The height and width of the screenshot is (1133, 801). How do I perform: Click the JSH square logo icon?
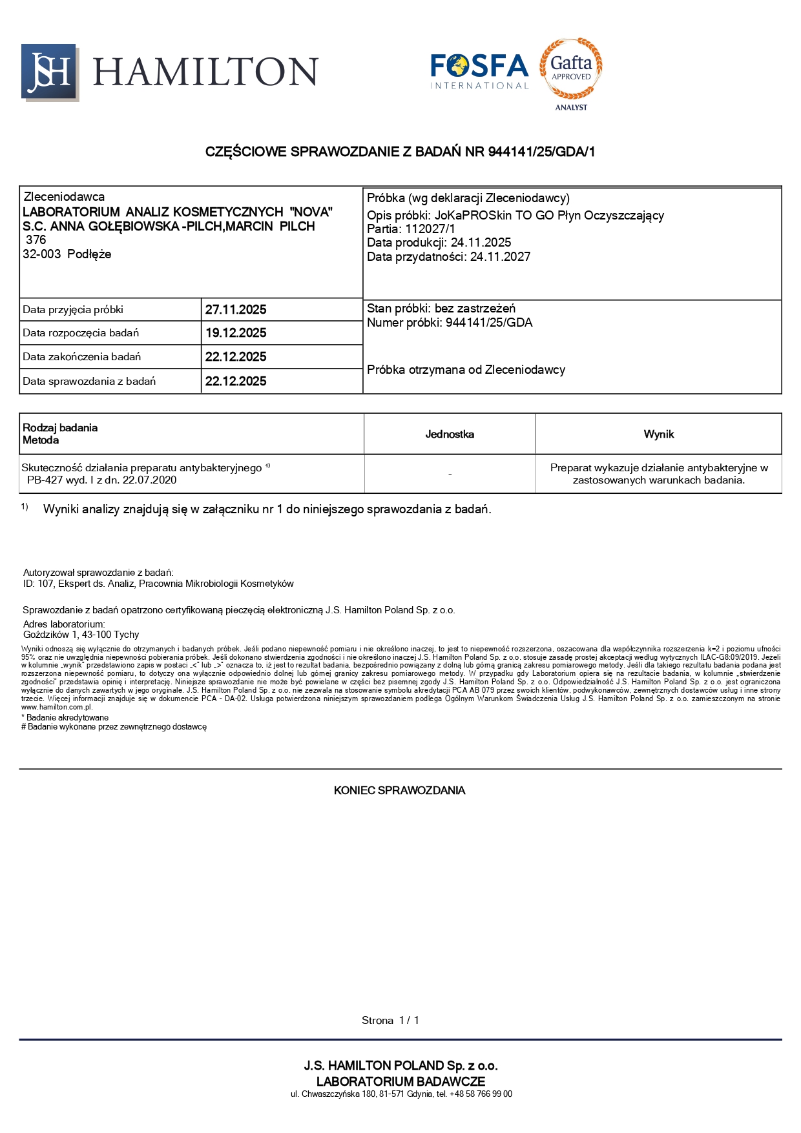(49, 72)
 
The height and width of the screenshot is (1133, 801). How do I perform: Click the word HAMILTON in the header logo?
(205, 72)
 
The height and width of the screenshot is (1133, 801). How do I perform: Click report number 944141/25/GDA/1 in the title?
(541, 152)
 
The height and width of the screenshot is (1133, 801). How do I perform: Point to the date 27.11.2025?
(236, 310)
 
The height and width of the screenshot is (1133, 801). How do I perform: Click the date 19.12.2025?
(236, 333)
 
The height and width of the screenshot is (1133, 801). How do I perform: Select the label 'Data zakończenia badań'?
(81, 357)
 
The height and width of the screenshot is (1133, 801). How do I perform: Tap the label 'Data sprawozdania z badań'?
(89, 382)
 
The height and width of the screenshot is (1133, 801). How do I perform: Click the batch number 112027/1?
(430, 229)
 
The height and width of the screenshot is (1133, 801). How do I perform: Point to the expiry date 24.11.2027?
(500, 257)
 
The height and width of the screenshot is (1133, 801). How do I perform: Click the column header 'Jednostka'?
(450, 434)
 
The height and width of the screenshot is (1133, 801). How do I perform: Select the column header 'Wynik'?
(658, 434)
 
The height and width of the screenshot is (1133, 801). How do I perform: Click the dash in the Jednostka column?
(450, 475)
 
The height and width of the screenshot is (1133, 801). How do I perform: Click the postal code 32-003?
(41, 254)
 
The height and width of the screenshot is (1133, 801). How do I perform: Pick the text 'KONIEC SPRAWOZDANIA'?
(399, 791)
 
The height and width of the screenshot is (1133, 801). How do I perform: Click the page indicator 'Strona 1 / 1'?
(390, 1021)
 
